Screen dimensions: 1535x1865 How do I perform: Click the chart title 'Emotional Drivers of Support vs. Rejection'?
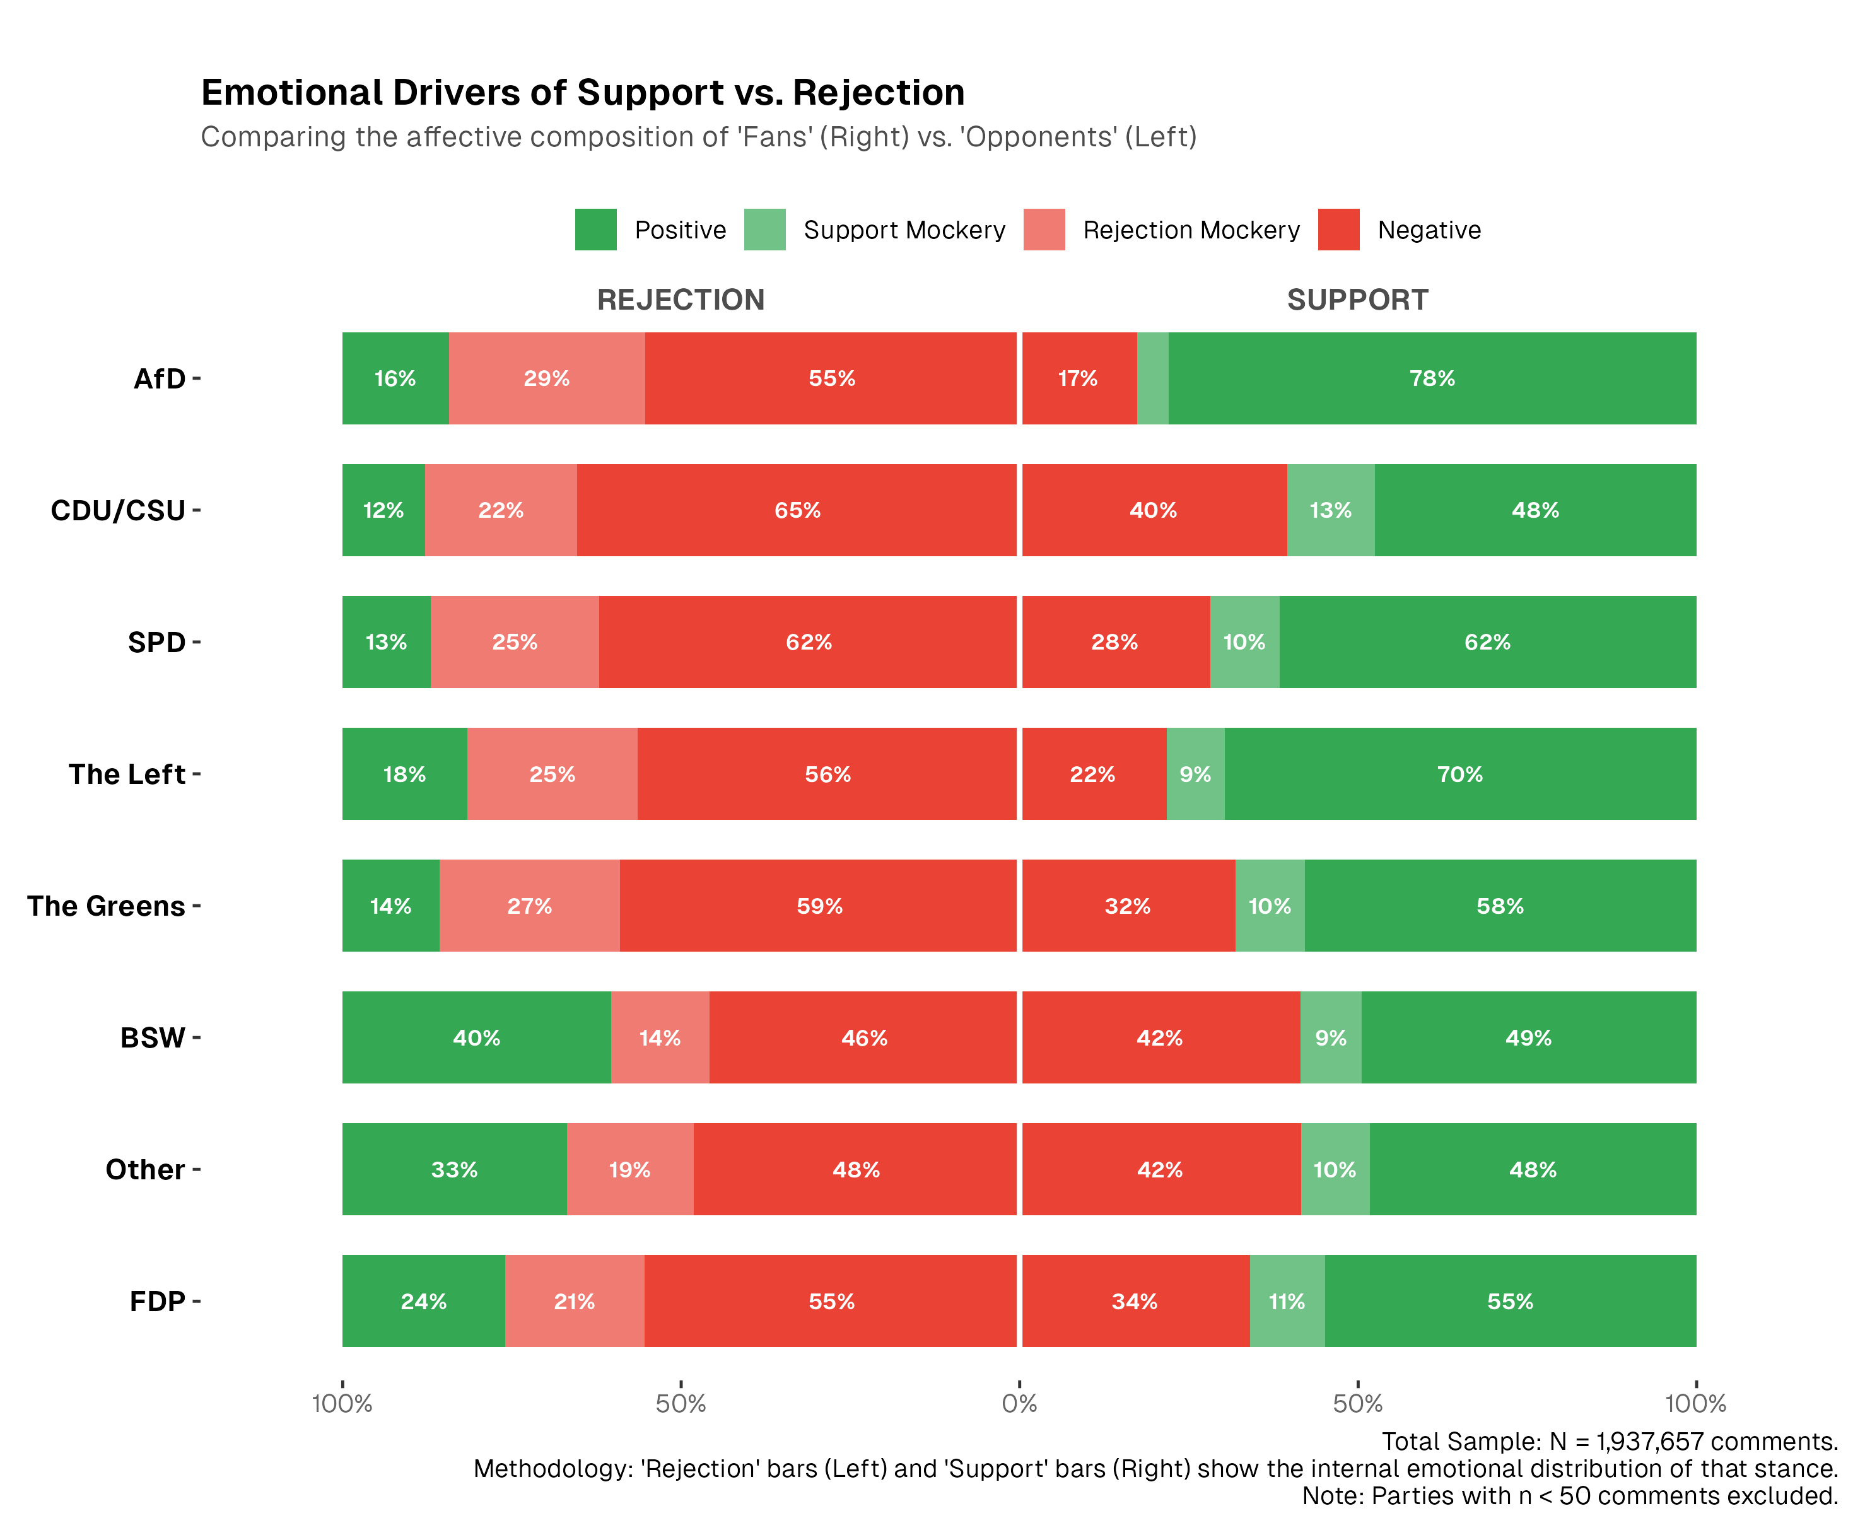(582, 93)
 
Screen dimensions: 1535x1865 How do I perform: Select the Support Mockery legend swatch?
(764, 230)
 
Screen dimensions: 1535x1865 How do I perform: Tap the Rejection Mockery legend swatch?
(1043, 230)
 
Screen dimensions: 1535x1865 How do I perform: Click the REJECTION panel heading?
(680, 300)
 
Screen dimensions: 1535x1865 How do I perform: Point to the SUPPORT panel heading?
(1357, 300)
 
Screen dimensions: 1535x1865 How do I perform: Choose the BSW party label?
(152, 1037)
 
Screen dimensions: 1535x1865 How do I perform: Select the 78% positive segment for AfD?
(1432, 378)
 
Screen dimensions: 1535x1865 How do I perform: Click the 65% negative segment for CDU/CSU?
(797, 510)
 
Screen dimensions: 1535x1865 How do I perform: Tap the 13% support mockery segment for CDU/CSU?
(1330, 510)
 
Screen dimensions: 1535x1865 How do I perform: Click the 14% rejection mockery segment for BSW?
(660, 1037)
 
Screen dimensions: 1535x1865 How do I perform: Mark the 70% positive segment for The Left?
(1459, 774)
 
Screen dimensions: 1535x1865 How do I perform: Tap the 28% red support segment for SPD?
(1114, 642)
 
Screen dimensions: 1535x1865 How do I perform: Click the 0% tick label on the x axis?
(1019, 1403)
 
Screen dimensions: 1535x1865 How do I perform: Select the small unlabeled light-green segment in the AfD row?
(1152, 378)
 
